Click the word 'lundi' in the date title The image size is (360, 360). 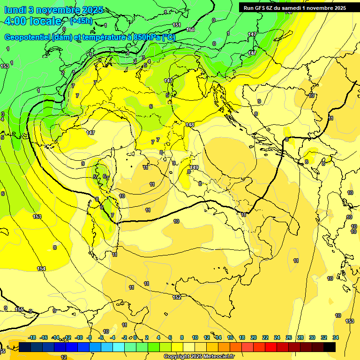[x=15, y=10]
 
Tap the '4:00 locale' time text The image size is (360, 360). [x=33, y=21]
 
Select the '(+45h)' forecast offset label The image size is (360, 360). [x=81, y=21]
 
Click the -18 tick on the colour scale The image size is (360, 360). [x=32, y=337]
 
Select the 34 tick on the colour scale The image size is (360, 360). [x=336, y=337]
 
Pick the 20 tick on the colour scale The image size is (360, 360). [x=254, y=337]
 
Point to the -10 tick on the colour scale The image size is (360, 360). [x=79, y=337]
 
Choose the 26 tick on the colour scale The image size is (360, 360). [x=289, y=337]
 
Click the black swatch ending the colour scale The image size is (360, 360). [x=330, y=347]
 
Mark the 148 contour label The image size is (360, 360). [x=189, y=125]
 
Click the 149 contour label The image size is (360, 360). [x=194, y=167]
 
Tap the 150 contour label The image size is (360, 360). [x=190, y=30]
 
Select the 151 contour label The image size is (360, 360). [x=177, y=25]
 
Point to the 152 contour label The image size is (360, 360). [x=177, y=297]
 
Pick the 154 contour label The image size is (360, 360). [x=42, y=269]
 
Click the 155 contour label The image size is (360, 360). [x=19, y=309]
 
